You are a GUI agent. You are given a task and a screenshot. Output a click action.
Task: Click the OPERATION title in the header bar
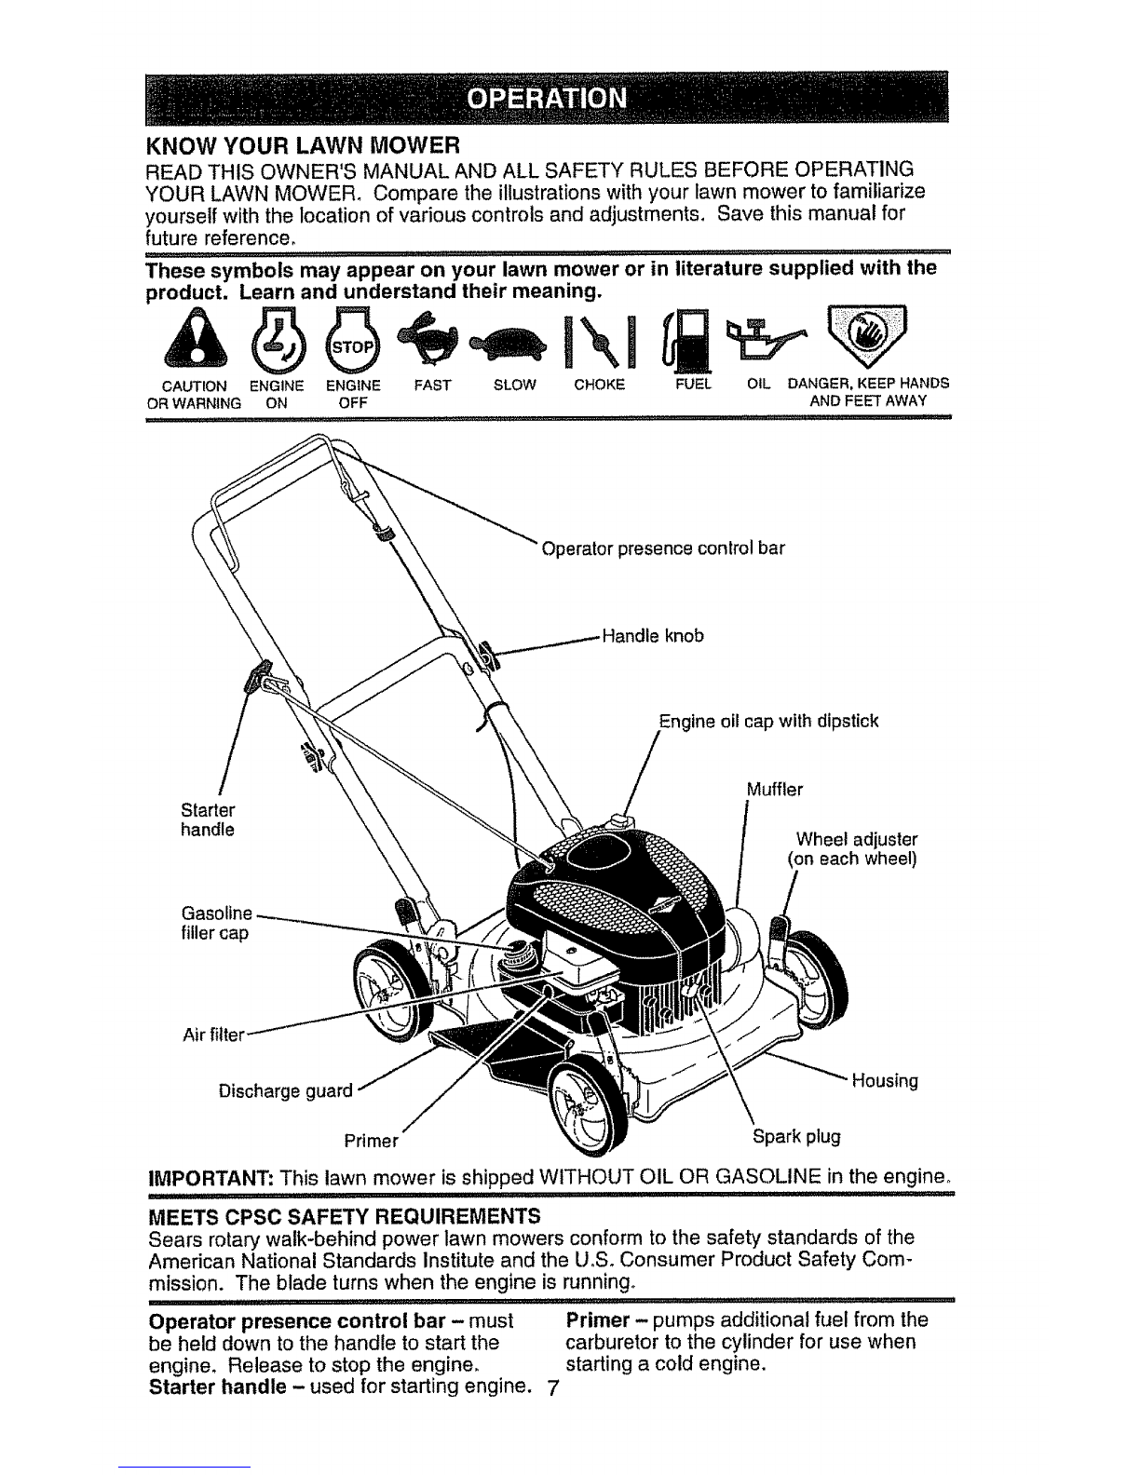(x=548, y=99)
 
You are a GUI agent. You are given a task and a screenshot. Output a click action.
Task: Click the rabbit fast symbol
(x=432, y=337)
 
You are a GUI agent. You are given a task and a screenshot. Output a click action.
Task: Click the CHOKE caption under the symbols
(x=599, y=385)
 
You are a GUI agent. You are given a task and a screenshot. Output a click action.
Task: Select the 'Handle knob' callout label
(x=653, y=636)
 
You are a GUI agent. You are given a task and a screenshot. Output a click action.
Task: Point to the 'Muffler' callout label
(x=774, y=790)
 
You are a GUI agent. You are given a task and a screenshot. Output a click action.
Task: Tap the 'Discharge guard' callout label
(x=285, y=1090)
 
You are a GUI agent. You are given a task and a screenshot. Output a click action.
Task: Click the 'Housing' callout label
(x=885, y=1080)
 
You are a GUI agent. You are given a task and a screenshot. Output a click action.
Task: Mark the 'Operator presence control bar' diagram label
(x=663, y=548)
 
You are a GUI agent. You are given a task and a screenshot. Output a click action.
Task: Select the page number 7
(x=552, y=1389)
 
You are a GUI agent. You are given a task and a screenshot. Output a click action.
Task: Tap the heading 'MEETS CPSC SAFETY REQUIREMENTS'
(x=345, y=1216)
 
